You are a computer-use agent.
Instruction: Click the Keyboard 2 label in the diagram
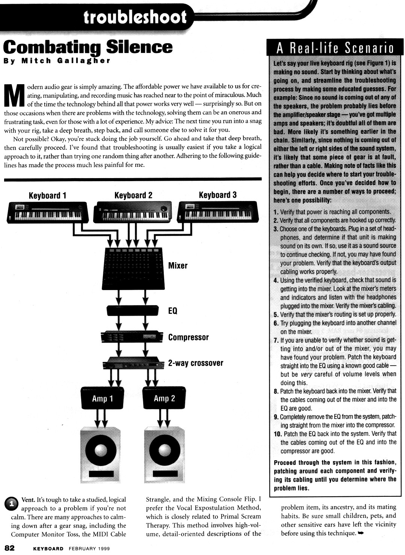click(x=133, y=195)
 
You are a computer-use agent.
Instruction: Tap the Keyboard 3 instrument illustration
click(x=218, y=213)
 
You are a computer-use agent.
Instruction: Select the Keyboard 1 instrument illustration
click(x=48, y=213)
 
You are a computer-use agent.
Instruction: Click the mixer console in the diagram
click(x=133, y=268)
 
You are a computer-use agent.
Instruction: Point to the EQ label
click(x=172, y=311)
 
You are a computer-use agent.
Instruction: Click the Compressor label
click(x=188, y=337)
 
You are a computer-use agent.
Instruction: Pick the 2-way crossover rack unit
click(x=133, y=363)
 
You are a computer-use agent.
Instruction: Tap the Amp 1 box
click(x=102, y=398)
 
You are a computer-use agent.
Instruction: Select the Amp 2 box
click(x=164, y=398)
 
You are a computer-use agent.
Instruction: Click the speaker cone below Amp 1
click(x=101, y=450)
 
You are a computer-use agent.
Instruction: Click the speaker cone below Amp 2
click(x=164, y=450)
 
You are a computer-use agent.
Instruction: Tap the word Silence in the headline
click(x=139, y=47)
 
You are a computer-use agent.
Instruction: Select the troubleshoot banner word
click(x=135, y=17)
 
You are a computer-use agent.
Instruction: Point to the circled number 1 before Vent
click(x=11, y=503)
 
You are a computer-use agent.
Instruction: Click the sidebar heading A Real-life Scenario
click(x=335, y=48)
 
